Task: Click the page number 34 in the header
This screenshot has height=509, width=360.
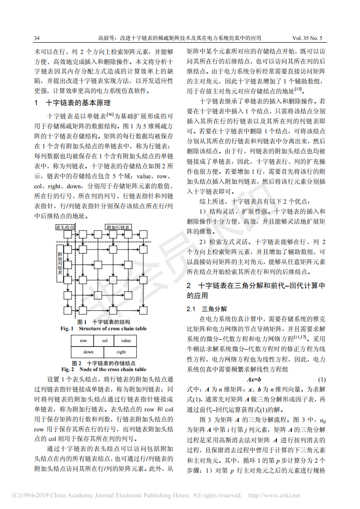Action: [x=37, y=38]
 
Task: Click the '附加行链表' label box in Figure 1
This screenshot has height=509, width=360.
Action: [x=118, y=227]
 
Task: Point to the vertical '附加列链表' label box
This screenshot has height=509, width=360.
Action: [x=59, y=263]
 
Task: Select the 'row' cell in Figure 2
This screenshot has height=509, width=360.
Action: [x=83, y=341]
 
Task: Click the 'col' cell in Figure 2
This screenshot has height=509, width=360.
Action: [x=104, y=341]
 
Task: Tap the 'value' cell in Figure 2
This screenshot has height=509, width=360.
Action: [x=126, y=341]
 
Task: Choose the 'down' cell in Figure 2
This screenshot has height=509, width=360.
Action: [x=89, y=352]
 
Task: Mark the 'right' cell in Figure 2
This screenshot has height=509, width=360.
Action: [x=121, y=352]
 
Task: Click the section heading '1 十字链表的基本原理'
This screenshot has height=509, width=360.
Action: [x=72, y=103]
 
